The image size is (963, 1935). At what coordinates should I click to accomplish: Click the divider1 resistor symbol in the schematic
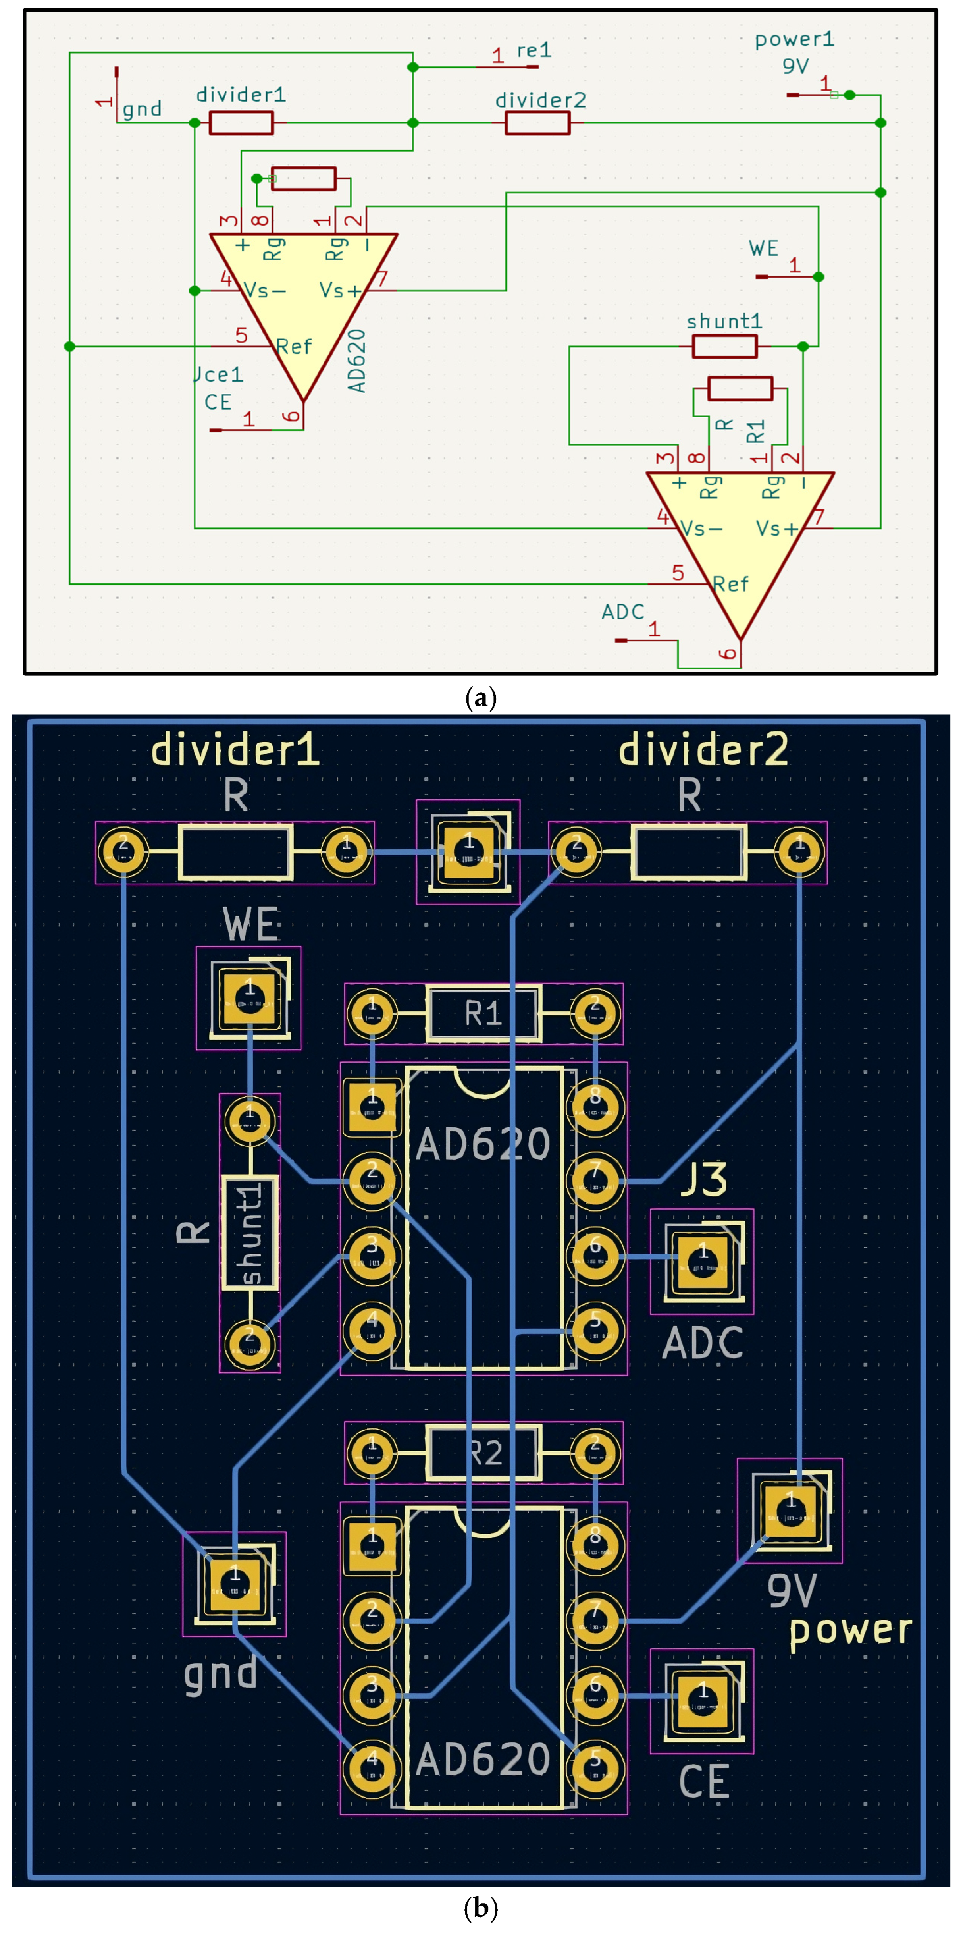241,122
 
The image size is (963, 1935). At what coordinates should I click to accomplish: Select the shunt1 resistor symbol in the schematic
724,346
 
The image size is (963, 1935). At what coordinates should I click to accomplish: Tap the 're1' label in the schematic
534,50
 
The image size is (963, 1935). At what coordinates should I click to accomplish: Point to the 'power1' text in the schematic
794,39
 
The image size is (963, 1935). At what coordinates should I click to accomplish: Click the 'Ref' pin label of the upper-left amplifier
294,346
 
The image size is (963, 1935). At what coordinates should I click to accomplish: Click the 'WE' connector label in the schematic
763,249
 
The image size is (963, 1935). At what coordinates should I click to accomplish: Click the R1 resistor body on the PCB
483,1014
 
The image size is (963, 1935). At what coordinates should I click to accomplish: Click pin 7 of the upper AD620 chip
596,1181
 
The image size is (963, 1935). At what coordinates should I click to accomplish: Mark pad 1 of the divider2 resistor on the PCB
799,852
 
